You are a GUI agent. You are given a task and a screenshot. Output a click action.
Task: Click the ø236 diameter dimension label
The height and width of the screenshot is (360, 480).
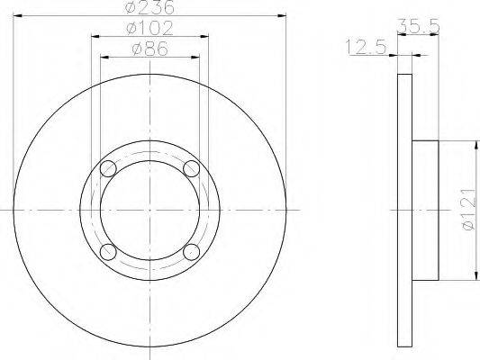pyautogui.click(x=150, y=6)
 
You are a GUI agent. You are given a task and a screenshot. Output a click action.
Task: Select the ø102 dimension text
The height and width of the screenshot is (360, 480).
pyautogui.click(x=149, y=28)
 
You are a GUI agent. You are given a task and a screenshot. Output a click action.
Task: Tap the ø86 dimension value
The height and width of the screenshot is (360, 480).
pyautogui.click(x=149, y=49)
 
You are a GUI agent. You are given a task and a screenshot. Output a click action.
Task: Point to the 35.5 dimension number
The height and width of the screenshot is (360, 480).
pyautogui.click(x=418, y=26)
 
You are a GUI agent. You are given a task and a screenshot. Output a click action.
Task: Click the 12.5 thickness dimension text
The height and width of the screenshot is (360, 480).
pyautogui.click(x=366, y=47)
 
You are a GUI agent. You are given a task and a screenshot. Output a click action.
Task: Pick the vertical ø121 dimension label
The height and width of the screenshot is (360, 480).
pyautogui.click(x=469, y=209)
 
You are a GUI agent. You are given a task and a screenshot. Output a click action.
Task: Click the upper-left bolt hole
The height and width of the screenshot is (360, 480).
pyautogui.click(x=108, y=168)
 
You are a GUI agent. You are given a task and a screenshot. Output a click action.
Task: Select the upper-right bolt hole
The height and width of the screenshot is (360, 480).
pyautogui.click(x=191, y=168)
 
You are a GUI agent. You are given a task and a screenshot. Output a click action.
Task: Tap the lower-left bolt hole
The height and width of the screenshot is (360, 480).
pyautogui.click(x=108, y=251)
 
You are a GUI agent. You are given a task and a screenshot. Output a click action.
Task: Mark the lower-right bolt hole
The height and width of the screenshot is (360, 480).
pyautogui.click(x=191, y=251)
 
